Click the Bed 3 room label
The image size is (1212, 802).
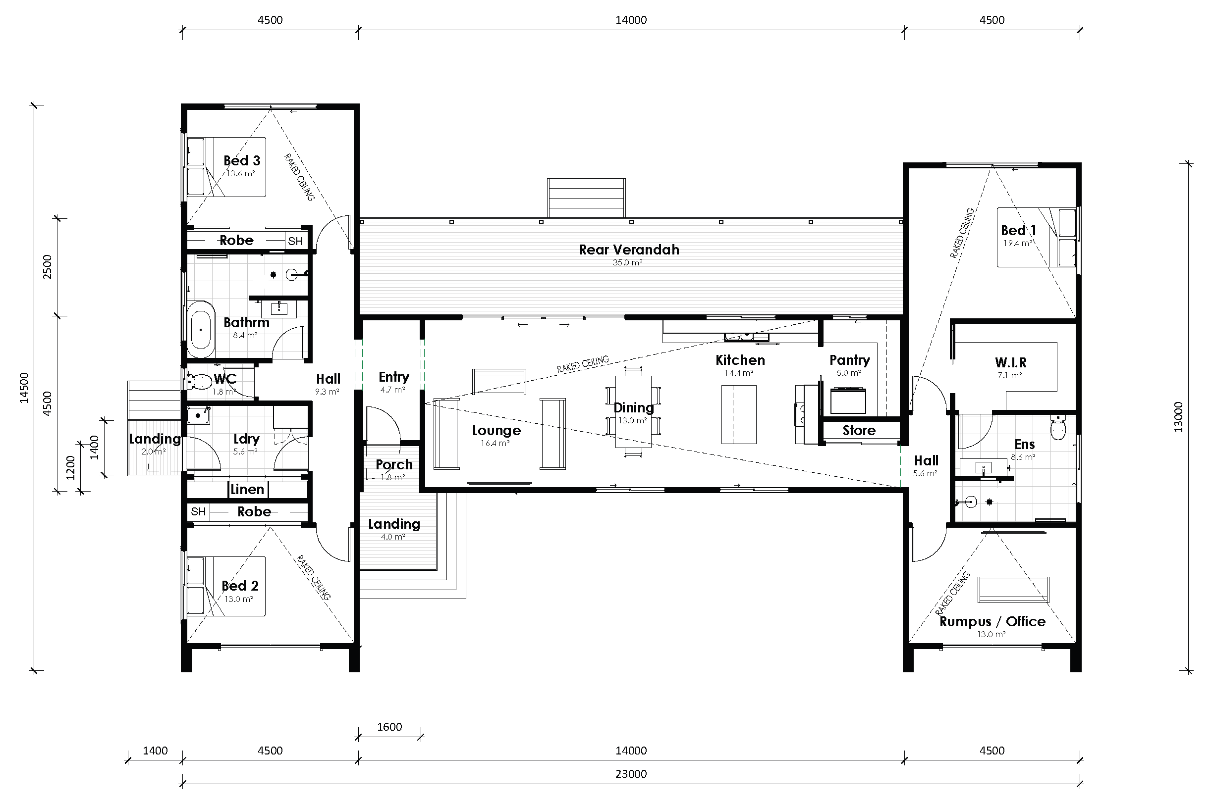[242, 160]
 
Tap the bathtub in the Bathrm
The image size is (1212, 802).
[200, 329]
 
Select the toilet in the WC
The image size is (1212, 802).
[200, 381]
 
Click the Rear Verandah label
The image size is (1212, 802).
[629, 250]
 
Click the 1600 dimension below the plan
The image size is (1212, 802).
[389, 727]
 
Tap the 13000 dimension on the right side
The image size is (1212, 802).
[1178, 417]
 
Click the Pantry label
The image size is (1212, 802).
[849, 360]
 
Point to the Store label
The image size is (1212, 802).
[859, 431]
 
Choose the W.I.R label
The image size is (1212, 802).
[1010, 363]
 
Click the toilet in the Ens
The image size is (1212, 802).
[1058, 428]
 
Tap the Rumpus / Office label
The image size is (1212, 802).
[992, 621]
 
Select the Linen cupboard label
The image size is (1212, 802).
[247, 490]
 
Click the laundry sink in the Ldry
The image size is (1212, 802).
[198, 416]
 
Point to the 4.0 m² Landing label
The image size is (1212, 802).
[393, 524]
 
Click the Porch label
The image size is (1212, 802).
[393, 465]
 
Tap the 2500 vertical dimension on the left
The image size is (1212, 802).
[47, 266]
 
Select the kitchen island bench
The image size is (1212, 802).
[739, 415]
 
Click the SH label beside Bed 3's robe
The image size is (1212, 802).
[295, 242]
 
